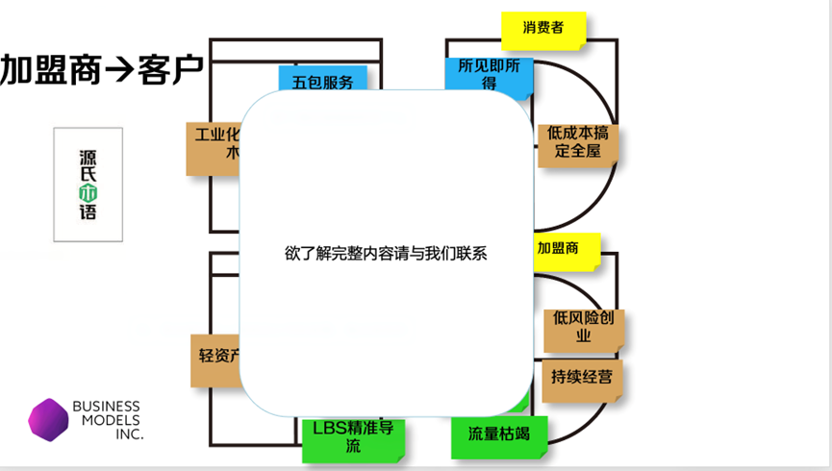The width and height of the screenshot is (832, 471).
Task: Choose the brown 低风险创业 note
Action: pyautogui.click(x=582, y=327)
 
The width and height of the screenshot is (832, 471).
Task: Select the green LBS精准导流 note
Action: pyautogui.click(x=353, y=437)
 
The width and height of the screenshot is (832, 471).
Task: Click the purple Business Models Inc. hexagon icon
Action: pyautogui.click(x=48, y=420)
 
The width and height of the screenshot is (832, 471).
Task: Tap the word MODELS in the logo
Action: pyautogui.click(x=106, y=420)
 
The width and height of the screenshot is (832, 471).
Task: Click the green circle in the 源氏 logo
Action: pyautogui.click(x=88, y=190)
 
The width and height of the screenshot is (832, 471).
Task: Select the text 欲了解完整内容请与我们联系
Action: pyautogui.click(x=386, y=255)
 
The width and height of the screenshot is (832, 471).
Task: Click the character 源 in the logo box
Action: pyautogui.click(x=88, y=154)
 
